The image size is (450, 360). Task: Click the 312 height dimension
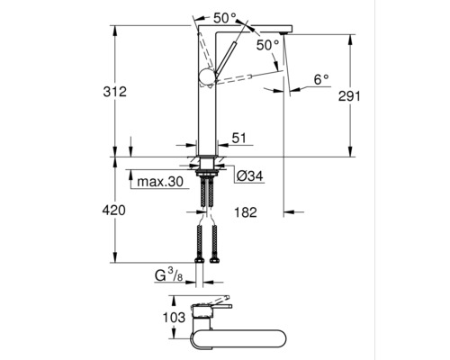115,92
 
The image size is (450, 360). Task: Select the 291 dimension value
349,96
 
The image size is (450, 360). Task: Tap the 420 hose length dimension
114,211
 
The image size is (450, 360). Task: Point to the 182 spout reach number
246,212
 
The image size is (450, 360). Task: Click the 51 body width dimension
238,139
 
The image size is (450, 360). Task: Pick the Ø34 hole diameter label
249,176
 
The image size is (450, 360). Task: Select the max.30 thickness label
160,182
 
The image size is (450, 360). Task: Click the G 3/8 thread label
168,275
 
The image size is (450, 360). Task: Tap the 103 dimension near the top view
174,318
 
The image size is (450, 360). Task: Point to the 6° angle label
321,79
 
